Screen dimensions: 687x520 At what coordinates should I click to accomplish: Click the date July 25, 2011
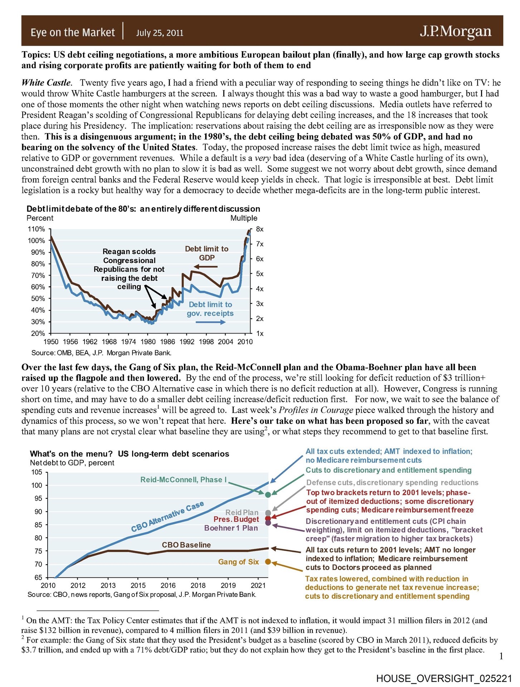[160, 33]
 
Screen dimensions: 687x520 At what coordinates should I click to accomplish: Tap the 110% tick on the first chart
[37, 229]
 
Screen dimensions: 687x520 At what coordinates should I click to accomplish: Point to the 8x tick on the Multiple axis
[260, 229]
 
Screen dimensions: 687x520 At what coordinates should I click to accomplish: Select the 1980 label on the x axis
[148, 342]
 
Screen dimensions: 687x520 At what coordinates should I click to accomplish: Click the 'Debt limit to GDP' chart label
[206, 253]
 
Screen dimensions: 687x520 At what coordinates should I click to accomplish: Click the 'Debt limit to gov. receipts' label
[210, 309]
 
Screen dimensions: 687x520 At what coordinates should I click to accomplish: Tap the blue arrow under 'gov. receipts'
[210, 322]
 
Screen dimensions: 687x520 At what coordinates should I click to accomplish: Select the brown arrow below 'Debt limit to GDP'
[206, 267]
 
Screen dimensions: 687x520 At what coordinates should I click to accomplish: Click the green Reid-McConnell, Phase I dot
[268, 494]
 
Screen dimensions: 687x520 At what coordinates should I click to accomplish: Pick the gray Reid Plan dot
[268, 513]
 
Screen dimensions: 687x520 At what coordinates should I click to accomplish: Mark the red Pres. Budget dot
[268, 518]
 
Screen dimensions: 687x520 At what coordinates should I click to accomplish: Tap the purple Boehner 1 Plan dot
[268, 523]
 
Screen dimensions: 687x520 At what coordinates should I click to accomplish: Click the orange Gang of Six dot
[268, 562]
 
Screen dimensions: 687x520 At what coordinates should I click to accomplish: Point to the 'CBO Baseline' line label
[186, 545]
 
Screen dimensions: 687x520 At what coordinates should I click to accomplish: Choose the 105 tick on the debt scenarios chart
[37, 472]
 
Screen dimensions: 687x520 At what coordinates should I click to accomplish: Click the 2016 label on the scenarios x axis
[168, 585]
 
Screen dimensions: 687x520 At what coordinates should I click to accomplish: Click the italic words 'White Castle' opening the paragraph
[46, 83]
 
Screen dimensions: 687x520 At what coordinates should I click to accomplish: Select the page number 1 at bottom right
[501, 656]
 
